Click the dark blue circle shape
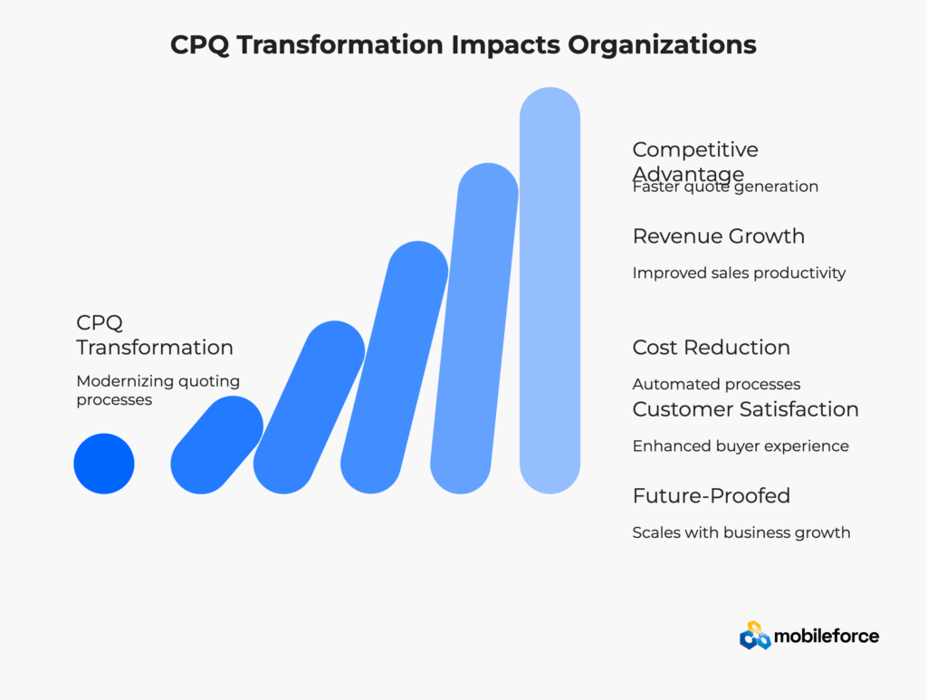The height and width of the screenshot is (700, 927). (x=104, y=464)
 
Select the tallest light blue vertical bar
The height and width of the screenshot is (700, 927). (x=550, y=291)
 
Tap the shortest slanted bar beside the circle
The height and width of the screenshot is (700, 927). (x=217, y=446)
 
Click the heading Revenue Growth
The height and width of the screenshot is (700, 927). (x=718, y=236)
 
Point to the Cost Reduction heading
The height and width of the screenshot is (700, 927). (x=712, y=348)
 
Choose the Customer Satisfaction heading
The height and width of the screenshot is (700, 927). (x=746, y=409)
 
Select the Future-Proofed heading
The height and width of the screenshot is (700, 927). (x=712, y=495)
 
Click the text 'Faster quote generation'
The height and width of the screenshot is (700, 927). (x=725, y=187)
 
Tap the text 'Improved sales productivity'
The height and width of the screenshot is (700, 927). (x=739, y=273)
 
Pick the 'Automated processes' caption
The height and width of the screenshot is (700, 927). (x=717, y=384)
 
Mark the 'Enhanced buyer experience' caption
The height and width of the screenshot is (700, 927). (x=741, y=446)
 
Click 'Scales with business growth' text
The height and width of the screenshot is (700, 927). (x=741, y=532)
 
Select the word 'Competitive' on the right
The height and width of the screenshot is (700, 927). (x=695, y=149)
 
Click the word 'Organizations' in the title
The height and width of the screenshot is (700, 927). (x=662, y=45)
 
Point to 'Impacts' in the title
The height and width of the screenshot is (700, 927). (x=505, y=45)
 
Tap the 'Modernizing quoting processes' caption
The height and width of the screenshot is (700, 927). (x=158, y=390)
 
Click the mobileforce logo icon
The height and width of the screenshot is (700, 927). (x=755, y=636)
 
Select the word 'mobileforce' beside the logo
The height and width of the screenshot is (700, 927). (x=827, y=636)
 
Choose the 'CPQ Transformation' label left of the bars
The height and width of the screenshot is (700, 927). (x=154, y=335)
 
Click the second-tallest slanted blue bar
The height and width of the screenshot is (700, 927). (x=474, y=328)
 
